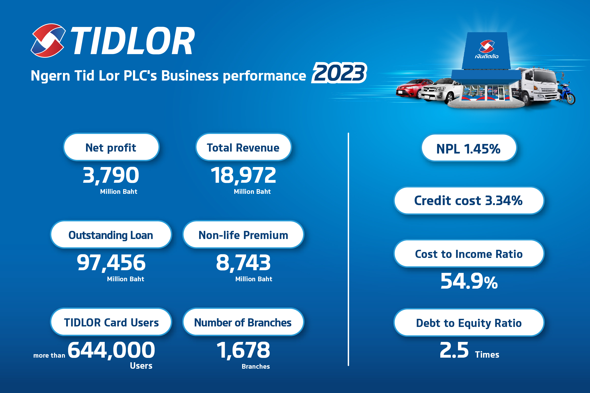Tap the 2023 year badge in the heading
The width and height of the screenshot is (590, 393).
pyautogui.click(x=339, y=73)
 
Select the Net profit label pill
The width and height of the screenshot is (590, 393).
pyautogui.click(x=111, y=147)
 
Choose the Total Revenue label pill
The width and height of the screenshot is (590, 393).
pyautogui.click(x=243, y=147)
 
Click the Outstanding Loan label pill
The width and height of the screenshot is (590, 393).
pyautogui.click(x=111, y=235)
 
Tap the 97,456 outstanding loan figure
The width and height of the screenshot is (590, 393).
pyautogui.click(x=111, y=262)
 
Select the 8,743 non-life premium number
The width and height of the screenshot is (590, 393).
pyautogui.click(x=243, y=262)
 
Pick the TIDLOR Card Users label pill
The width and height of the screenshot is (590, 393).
pyautogui.click(x=111, y=322)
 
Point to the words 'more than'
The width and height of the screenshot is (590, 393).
pyautogui.click(x=49, y=355)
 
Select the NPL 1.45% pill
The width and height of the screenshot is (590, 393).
pyautogui.click(x=469, y=148)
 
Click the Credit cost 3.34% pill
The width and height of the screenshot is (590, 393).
pyautogui.click(x=469, y=200)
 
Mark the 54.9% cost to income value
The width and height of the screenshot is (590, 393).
pyautogui.click(x=469, y=281)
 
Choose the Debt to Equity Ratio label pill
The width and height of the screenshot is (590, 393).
pyautogui.click(x=469, y=323)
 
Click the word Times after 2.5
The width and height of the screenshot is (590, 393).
pyautogui.click(x=487, y=355)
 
